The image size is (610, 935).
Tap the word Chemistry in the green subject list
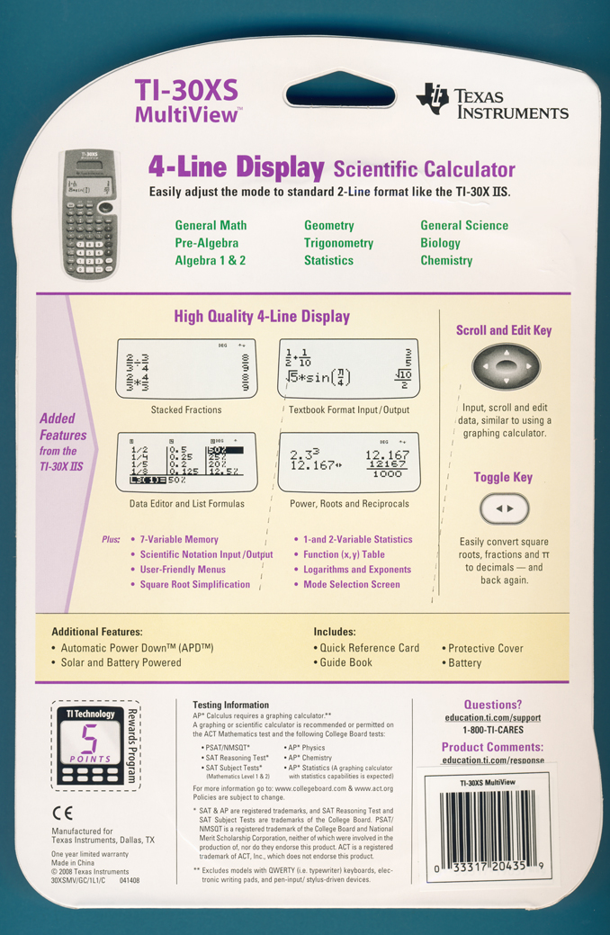point(446,261)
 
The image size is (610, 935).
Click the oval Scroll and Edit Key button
point(507,368)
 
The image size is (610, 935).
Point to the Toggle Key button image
point(506,509)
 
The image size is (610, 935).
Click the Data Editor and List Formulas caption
point(186,504)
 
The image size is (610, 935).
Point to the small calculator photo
point(87,212)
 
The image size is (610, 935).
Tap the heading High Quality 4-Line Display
point(262,317)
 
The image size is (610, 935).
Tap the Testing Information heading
point(230,705)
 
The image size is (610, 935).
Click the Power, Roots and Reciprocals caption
point(351,504)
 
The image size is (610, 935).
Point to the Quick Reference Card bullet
point(370,648)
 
